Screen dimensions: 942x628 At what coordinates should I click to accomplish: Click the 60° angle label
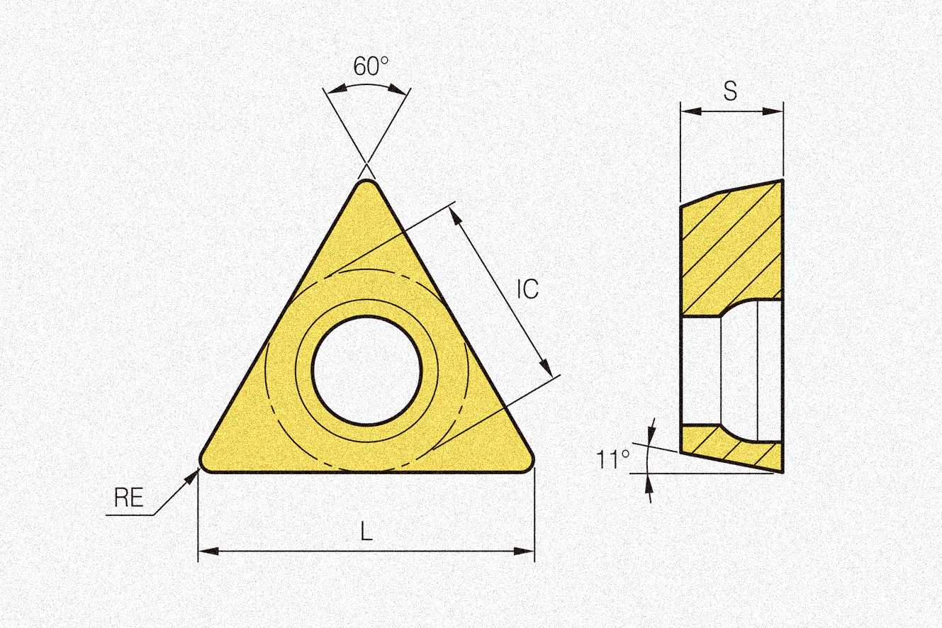(371, 66)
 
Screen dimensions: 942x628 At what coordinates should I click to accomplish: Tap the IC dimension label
(527, 289)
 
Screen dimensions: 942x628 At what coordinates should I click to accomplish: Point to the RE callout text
(129, 497)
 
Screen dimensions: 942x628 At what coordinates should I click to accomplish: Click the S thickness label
(731, 91)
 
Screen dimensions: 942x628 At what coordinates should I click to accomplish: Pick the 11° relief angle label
(612, 459)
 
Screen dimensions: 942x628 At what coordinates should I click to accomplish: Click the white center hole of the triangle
(366, 370)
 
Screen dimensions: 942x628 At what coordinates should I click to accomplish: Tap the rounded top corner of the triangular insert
(366, 184)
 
